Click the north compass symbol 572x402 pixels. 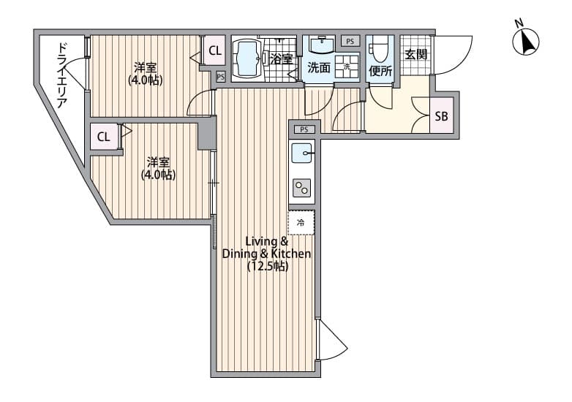pos(526,42)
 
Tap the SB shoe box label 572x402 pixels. pos(441,116)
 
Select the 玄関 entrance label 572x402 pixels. pos(415,55)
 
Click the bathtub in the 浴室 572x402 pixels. pos(247,58)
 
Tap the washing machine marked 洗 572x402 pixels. pos(347,67)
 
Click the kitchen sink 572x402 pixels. pos(302,153)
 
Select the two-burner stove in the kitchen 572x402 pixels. pos(302,188)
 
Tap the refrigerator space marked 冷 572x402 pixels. pos(301,222)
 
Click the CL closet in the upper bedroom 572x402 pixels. pos(214,50)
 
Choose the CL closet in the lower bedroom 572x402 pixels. pos(104,137)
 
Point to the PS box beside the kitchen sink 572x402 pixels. pos(304,129)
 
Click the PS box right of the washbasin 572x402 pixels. pos(350,41)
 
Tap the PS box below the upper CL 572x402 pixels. pos(220,77)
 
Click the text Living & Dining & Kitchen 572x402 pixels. pos(267,248)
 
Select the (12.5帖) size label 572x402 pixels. pos(268,267)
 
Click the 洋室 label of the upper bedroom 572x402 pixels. pos(145,67)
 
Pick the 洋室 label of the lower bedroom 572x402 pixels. pos(158,162)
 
